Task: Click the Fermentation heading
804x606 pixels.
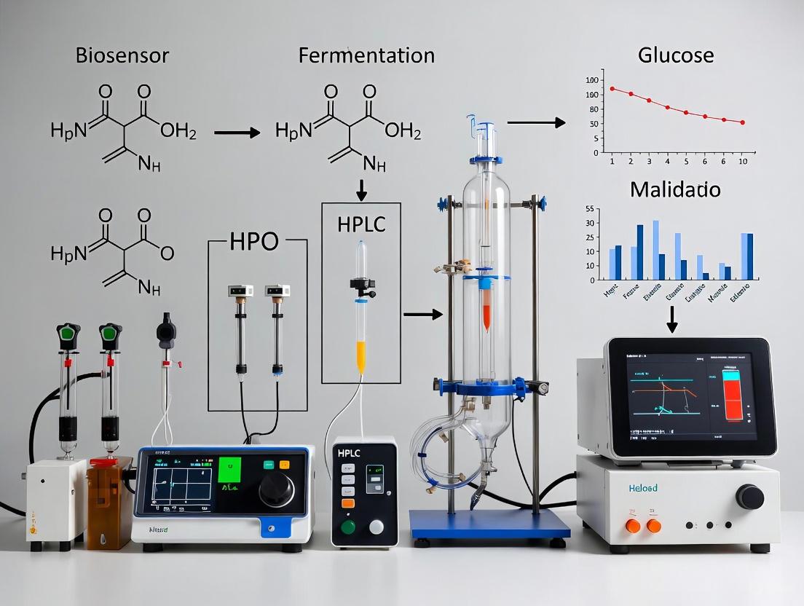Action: pos(366,55)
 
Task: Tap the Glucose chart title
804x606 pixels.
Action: pos(675,55)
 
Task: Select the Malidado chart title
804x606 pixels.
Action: pos(675,190)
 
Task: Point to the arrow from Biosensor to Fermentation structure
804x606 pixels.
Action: pos(237,133)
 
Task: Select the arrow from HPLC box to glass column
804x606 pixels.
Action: pos(422,314)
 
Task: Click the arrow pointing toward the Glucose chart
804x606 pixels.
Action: pos(536,122)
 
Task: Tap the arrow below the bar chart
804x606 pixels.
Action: pos(672,316)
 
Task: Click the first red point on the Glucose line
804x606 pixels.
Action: pos(612,88)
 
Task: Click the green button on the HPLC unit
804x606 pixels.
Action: pos(349,527)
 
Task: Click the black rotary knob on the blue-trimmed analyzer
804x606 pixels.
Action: pos(276,489)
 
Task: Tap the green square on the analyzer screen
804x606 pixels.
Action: pos(229,470)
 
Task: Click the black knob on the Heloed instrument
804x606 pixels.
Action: pos(749,497)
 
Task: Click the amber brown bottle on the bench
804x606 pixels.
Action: pos(108,503)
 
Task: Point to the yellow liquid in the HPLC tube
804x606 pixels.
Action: pos(360,358)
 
